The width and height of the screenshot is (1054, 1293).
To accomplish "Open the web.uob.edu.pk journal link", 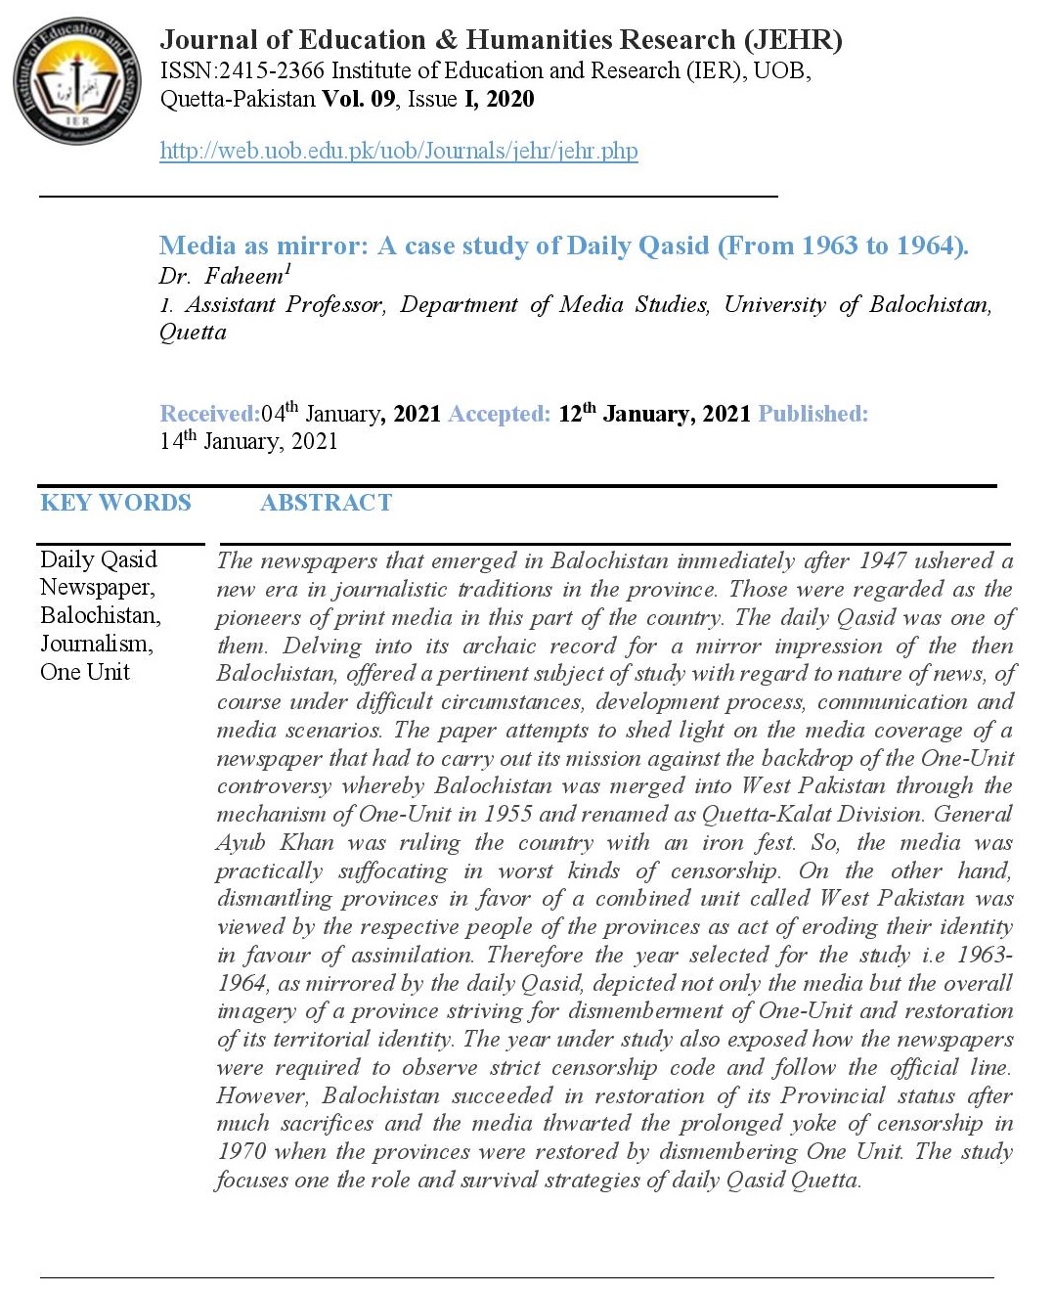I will coord(398,151).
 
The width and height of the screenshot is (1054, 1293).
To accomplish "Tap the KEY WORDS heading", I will coord(115,503).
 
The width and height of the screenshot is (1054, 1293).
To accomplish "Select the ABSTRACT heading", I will coord(326,503).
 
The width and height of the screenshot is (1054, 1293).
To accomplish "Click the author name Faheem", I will coord(243,277).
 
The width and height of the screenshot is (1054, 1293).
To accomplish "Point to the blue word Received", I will coord(209,414).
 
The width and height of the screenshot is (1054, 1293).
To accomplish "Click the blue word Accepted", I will coord(499,414).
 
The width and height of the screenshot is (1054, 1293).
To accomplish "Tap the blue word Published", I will coord(812,414).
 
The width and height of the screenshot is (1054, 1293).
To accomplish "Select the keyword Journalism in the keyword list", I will coord(95,644).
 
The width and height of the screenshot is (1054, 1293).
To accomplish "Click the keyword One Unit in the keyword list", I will coord(85,672).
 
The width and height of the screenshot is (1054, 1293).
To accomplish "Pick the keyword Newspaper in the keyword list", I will coord(96,587).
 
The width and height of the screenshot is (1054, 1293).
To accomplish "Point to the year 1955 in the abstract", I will coord(508,814).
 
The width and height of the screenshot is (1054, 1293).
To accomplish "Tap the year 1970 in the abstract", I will coord(241,1152).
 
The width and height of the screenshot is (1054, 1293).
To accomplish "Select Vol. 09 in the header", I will coord(359,99).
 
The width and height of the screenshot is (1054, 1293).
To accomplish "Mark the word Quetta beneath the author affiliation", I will coord(193,333).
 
